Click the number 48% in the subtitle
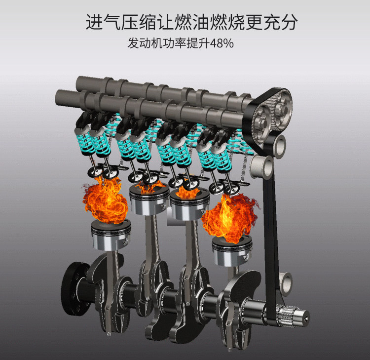(x=222, y=43)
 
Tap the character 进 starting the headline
(x=94, y=22)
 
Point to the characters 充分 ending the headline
(x=280, y=22)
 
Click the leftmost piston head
(x=111, y=235)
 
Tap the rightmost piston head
(x=232, y=251)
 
